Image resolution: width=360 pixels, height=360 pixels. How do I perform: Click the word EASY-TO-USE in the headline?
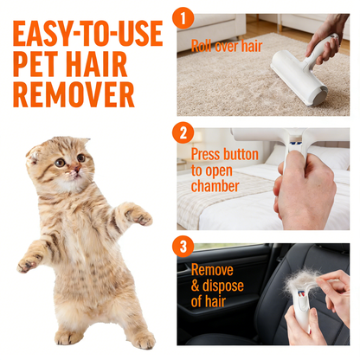pos(87,34)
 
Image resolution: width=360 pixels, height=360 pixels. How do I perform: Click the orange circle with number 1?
pos(183,18)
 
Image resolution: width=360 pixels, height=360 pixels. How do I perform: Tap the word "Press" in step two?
pos(208,154)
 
